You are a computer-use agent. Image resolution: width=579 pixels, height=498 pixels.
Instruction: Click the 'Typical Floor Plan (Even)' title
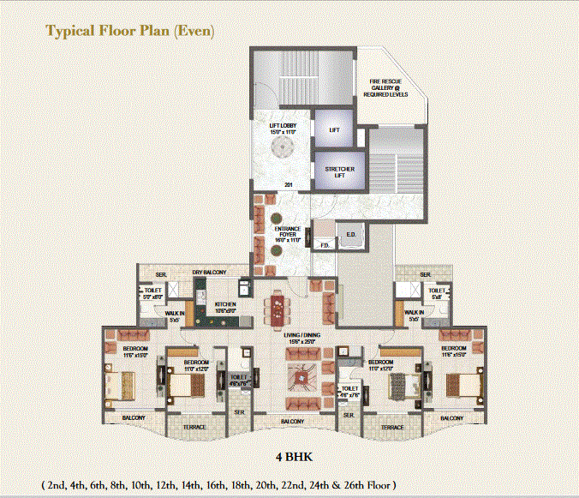tap(130, 32)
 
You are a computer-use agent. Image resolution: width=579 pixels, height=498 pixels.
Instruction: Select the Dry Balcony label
tap(209, 273)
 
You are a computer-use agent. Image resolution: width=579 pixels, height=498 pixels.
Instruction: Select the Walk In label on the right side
tap(414, 315)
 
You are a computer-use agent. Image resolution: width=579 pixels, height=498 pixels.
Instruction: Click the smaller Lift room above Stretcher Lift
tap(334, 130)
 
